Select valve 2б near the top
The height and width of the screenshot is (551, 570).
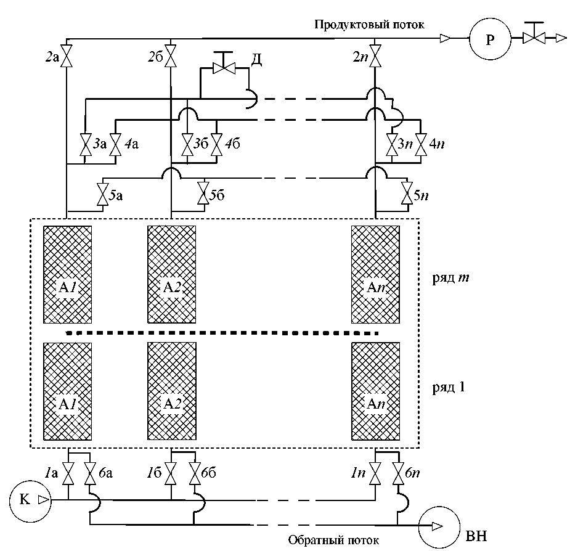tap(170, 59)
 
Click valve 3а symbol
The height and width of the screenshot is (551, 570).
tap(84, 145)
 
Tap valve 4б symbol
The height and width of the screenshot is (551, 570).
tap(216, 145)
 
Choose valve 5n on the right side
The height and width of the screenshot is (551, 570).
tap(407, 195)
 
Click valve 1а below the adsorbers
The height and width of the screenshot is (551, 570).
tap(68, 474)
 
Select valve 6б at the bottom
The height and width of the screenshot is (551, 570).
tap(195, 474)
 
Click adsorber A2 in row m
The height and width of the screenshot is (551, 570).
tap(171, 274)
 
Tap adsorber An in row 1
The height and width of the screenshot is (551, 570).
tap(375, 392)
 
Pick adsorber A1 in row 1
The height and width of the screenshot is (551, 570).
tap(67, 392)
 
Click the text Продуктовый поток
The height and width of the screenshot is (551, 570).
tap(369, 25)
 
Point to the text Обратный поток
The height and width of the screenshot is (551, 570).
tap(333, 540)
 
